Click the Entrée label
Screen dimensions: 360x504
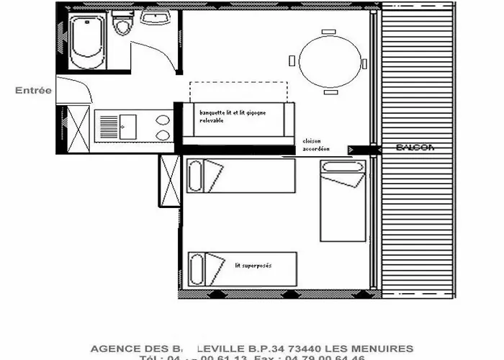pos(34,91)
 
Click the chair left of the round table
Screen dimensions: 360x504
pos(292,60)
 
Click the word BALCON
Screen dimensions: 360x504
pos(415,148)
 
